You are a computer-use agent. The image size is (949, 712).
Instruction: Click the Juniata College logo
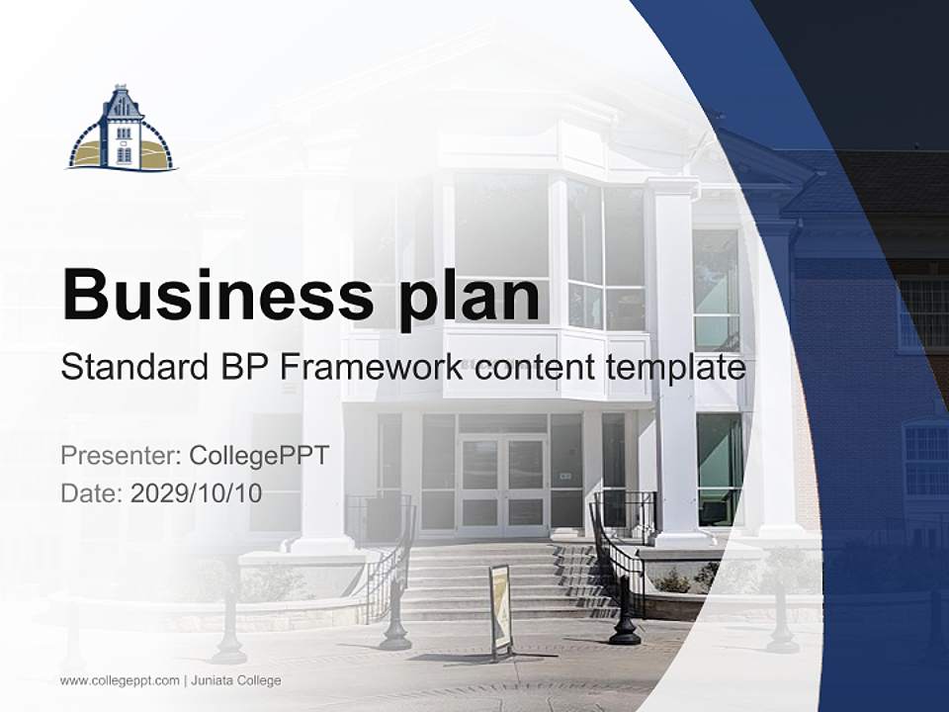coord(122,130)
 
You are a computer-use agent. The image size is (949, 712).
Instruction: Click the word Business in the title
coord(210,294)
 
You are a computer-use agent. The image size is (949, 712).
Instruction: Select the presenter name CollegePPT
coord(258,456)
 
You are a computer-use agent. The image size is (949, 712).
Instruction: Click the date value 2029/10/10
coord(196,493)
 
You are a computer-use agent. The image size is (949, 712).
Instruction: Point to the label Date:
coord(92,493)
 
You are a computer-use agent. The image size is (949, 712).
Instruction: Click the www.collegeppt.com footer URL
coord(120,680)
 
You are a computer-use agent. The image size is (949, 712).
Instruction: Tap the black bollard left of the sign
coord(395,618)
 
